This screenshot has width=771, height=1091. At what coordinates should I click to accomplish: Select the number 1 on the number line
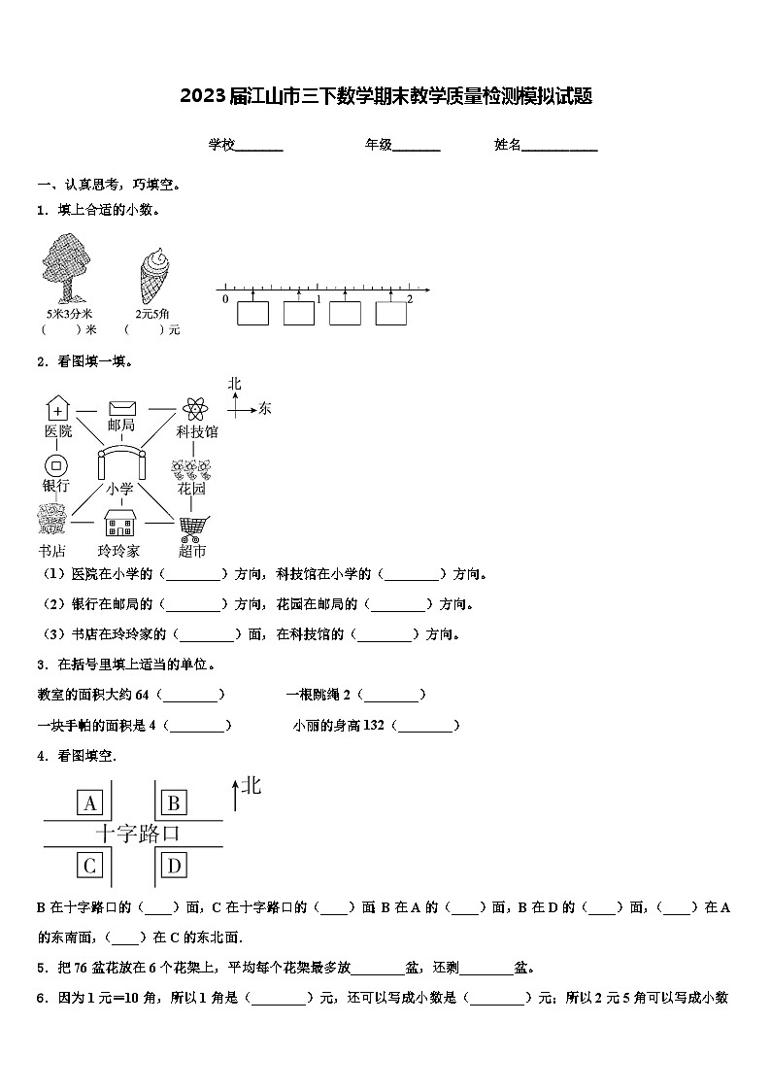[318, 299]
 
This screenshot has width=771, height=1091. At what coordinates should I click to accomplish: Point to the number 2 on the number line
[410, 299]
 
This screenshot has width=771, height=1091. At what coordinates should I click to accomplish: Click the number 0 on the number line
[225, 299]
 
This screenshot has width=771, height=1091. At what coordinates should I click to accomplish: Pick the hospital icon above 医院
[58, 408]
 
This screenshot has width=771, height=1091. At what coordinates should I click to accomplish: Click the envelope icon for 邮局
[122, 408]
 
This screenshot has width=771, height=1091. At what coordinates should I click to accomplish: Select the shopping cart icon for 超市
[192, 528]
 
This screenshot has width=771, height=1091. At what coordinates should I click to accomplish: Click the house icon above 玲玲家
[120, 526]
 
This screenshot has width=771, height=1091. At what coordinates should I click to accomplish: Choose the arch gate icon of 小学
[120, 460]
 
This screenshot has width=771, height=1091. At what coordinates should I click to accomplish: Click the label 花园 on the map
[191, 489]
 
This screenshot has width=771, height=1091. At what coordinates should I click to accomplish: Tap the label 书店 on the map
[51, 552]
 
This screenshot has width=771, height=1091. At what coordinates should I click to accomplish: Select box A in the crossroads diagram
[90, 802]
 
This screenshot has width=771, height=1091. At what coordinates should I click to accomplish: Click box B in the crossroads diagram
[174, 802]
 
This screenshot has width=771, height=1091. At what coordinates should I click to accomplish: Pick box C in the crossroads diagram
[90, 865]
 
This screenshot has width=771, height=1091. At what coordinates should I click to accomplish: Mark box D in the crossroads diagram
[174, 865]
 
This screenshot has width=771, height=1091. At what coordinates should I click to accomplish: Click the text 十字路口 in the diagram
[137, 834]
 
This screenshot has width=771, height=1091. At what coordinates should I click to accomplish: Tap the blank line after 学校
[259, 146]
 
